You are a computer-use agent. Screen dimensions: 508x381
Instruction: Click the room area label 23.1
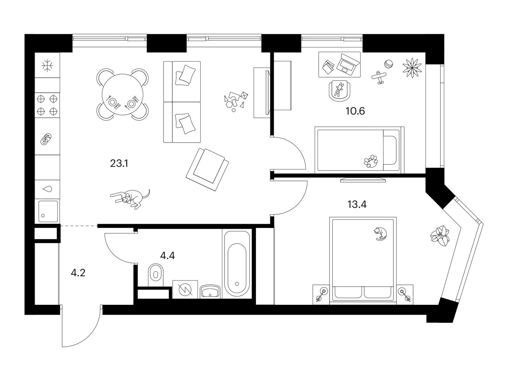119,164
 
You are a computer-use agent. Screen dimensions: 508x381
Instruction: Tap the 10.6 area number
355,111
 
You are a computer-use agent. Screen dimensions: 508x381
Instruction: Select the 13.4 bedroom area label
357,204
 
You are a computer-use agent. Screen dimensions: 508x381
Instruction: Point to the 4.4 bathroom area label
167,256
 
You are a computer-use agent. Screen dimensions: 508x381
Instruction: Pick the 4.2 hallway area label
78,273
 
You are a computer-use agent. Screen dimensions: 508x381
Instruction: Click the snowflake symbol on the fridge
47,65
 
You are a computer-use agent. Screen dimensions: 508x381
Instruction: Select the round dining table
123,94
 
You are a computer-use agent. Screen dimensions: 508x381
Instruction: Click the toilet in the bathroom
156,275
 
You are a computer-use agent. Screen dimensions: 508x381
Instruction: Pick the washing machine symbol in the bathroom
185,290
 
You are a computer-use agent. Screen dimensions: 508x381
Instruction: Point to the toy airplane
379,77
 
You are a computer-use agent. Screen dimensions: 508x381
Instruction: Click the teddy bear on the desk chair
339,89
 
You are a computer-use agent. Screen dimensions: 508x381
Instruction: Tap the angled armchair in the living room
207,170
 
